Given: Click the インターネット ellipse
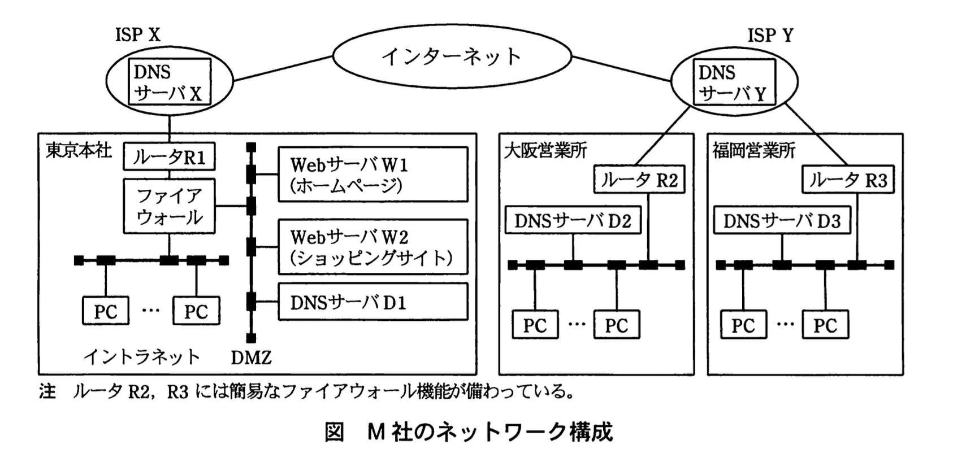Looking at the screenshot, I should [x=451, y=56].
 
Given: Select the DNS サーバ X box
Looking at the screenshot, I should [x=170, y=82].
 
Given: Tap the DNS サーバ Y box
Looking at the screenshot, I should [x=734, y=82].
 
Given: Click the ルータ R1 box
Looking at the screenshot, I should [x=169, y=157].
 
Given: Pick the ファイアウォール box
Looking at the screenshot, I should [x=169, y=206].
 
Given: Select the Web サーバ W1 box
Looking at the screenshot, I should [x=372, y=175].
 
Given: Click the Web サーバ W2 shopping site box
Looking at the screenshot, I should [x=372, y=247].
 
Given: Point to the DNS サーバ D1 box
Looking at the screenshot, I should [x=372, y=302].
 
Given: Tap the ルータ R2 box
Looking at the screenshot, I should [x=639, y=180].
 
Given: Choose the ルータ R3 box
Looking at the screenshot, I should [x=848, y=180].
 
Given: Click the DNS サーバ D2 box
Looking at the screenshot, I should [x=573, y=220].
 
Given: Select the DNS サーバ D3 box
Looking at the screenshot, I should [x=782, y=220].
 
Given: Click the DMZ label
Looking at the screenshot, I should [x=252, y=358].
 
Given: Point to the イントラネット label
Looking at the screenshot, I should [x=142, y=357].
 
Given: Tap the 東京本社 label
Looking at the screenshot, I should [x=79, y=150].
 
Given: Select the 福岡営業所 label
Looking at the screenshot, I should [x=754, y=150].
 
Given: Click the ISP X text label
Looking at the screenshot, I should [x=138, y=35].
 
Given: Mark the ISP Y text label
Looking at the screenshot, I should [x=770, y=35].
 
